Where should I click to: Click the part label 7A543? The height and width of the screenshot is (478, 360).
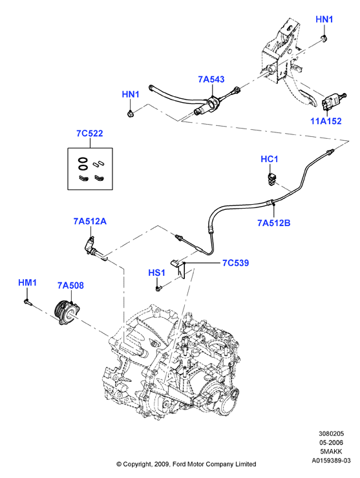pos(211,79)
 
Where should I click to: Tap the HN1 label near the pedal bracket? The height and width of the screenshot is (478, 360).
pos(324,19)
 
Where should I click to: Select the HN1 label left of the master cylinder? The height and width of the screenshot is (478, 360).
pos(131,94)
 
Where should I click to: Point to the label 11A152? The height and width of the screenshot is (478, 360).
pos(326,121)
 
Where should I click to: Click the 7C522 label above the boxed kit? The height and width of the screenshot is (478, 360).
pos(90,134)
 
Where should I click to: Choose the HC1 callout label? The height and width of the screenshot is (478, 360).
pos(270,159)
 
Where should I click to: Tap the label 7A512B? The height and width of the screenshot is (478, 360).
pos(274,223)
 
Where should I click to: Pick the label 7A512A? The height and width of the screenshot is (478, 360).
pos(90,222)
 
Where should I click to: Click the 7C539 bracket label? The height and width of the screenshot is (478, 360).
pos(235,263)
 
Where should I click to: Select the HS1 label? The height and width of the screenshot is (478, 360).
pos(156,273)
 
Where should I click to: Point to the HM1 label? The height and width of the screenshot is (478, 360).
pos(27,282)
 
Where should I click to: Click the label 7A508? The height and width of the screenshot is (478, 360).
pos(70,286)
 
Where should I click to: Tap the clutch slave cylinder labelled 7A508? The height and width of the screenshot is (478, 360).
pos(69,312)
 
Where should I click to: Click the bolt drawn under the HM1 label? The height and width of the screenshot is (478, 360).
pos(27,302)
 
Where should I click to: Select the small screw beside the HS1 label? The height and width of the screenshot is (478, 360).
pos(158,288)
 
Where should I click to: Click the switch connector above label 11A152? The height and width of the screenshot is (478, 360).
pos(332,102)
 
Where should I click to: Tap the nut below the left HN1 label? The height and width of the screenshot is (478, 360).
pos(131,114)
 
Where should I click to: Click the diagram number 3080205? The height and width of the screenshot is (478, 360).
pos(331,434)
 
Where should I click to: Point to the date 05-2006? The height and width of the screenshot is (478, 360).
pos(331,442)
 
